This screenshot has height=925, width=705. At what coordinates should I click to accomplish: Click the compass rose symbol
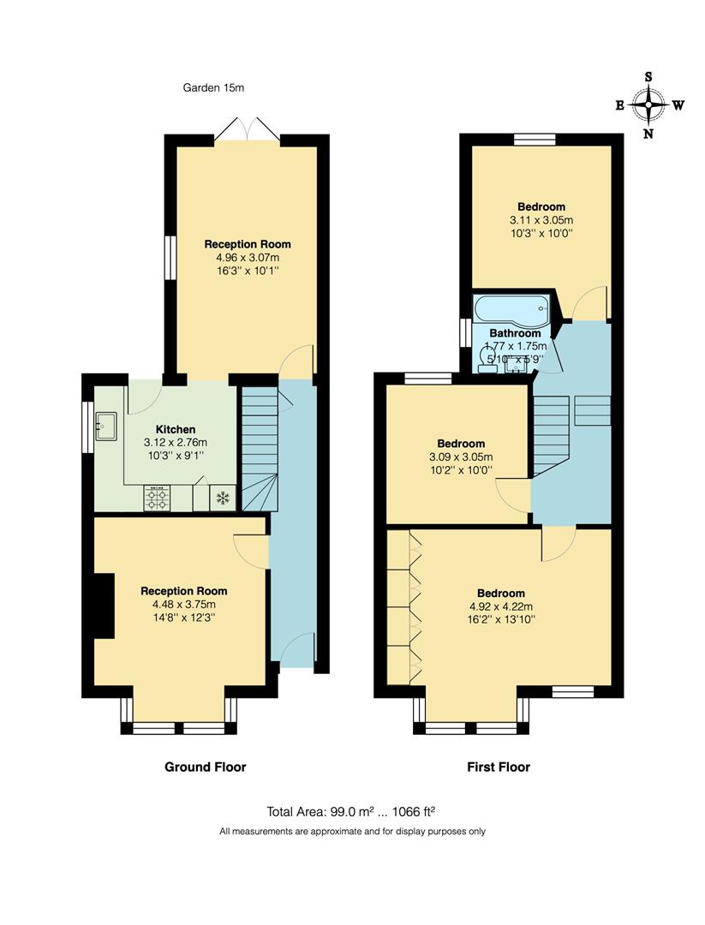[x=648, y=106]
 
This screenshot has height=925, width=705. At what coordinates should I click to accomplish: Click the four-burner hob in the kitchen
[x=157, y=498]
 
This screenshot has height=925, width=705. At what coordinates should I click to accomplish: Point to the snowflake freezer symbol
[x=222, y=498]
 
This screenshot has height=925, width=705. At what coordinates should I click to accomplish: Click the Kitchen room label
[x=176, y=429]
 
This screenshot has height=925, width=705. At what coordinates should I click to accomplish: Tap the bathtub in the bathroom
[x=511, y=308]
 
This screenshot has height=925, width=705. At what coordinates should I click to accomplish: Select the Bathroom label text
[x=515, y=333]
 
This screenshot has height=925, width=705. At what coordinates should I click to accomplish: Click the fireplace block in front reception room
[x=104, y=606]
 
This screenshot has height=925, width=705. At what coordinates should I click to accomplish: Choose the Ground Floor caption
[x=205, y=767]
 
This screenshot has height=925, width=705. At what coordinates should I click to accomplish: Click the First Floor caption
[x=498, y=767]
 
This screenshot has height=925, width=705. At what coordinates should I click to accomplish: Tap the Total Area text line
[x=352, y=811]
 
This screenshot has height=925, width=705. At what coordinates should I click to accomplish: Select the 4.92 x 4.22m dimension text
[x=500, y=606]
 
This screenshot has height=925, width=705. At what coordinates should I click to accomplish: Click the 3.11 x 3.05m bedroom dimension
[x=541, y=219]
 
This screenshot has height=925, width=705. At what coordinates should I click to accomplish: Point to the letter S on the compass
[x=648, y=76]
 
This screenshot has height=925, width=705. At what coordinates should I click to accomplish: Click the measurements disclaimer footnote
[x=352, y=831]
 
